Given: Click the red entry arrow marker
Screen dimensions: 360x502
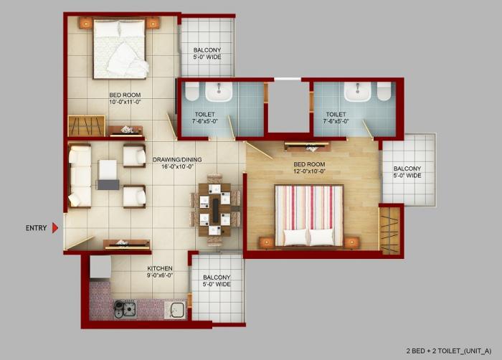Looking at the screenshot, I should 55,228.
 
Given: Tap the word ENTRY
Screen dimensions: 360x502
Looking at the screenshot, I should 36,228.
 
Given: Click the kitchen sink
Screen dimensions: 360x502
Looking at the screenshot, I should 174,309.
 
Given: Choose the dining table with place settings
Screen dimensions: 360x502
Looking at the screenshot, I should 214,209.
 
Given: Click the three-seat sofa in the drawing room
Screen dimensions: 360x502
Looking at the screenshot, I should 79,176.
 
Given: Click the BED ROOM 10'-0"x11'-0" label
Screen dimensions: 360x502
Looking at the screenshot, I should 125,98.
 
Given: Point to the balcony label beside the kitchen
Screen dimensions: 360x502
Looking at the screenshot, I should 216,280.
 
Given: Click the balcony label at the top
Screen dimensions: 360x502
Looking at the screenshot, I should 207,53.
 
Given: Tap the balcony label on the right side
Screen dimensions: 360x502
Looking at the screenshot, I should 407,171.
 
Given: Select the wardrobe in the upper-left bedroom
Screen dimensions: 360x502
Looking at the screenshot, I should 86,125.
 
